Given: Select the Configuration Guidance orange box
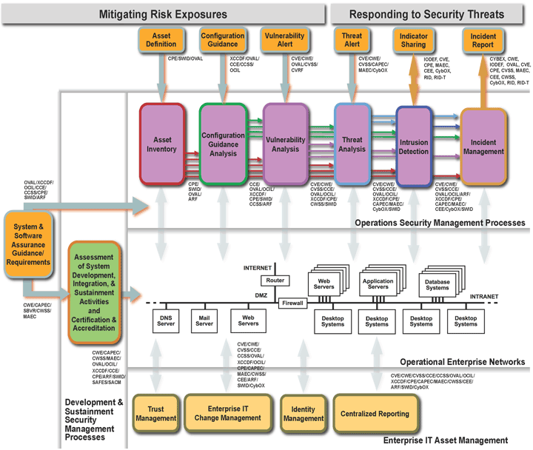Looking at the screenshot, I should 223,39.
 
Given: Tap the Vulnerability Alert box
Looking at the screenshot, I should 284,39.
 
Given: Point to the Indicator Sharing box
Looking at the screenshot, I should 413,40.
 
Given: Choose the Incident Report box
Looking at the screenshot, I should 483,39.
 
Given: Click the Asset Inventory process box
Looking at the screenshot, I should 162,144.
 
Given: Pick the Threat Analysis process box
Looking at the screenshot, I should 352,144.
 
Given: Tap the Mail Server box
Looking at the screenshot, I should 204,319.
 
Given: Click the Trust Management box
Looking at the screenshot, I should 155,413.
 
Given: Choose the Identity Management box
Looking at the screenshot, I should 304,413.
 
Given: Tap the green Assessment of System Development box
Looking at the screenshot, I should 94,292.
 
